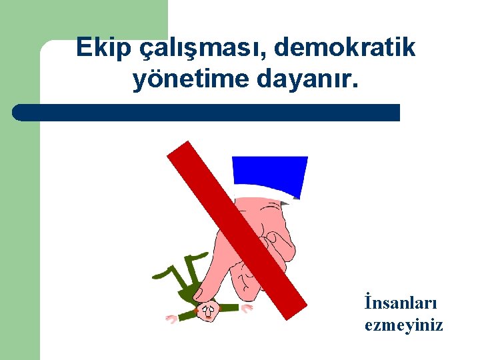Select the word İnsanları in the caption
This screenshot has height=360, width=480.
[401, 303]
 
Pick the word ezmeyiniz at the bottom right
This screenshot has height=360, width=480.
[403, 325]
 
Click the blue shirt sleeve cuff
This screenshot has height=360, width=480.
[269, 176]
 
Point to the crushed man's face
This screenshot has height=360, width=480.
[210, 308]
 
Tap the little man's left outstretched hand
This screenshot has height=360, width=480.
[171, 319]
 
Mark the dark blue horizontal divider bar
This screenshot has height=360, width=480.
[207, 113]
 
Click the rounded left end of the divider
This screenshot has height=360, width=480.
[19, 113]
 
